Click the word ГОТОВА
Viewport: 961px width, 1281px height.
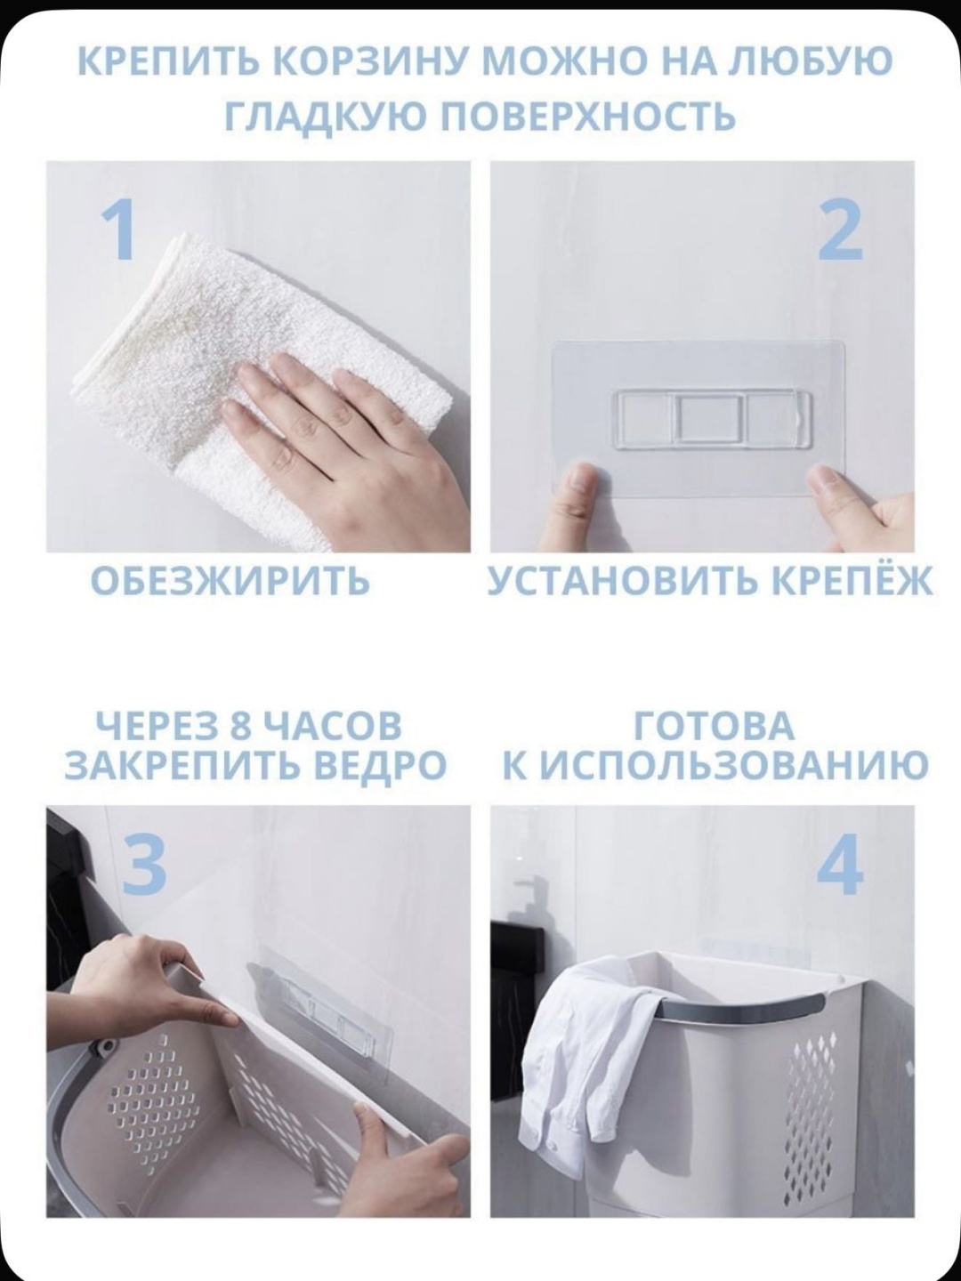(714, 726)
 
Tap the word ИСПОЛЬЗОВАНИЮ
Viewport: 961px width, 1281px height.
(733, 765)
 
